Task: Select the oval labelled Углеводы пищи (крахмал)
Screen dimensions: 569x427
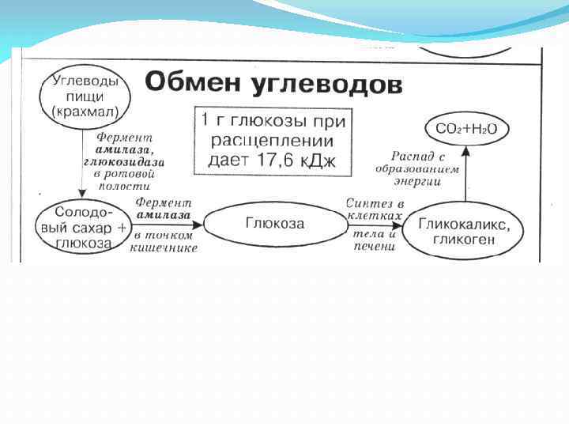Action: pyautogui.click(x=85, y=96)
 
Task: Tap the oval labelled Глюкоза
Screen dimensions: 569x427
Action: pyautogui.click(x=274, y=223)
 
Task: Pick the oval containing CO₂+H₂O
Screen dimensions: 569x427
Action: pyautogui.click(x=466, y=128)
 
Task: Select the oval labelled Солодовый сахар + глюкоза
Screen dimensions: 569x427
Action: pyautogui.click(x=81, y=228)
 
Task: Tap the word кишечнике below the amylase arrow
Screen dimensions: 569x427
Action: pyautogui.click(x=165, y=248)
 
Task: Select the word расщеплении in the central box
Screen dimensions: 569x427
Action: pyautogui.click(x=274, y=141)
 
